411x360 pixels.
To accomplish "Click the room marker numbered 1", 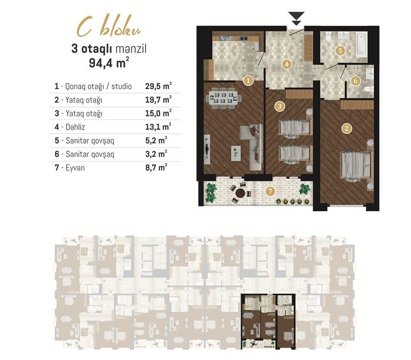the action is point(248,81).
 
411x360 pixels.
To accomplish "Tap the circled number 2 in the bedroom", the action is point(347,129).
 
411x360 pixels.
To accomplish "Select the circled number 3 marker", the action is point(280,106).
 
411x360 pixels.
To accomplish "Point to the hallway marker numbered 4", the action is point(287,64).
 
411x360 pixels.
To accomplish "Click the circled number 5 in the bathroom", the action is point(340,50).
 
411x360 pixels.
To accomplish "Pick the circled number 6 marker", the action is point(355,81).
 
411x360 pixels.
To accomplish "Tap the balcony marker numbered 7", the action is point(270,191).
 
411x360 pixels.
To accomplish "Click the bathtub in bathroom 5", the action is point(362,44).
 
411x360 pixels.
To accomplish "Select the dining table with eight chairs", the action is point(224,98).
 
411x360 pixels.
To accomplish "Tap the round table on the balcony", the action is point(240,193).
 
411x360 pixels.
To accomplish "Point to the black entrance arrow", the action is point(296,18).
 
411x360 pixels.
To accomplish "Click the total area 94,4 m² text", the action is point(109,63).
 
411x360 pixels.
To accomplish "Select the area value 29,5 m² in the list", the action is point(159,86).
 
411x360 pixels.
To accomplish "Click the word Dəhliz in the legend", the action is point(75,127).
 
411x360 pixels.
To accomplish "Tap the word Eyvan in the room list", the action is point(75,167).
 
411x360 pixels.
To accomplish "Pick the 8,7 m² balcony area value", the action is point(156,167).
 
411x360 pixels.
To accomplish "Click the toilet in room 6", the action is point(368,89).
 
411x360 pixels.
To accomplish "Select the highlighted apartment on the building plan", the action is point(268,322).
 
